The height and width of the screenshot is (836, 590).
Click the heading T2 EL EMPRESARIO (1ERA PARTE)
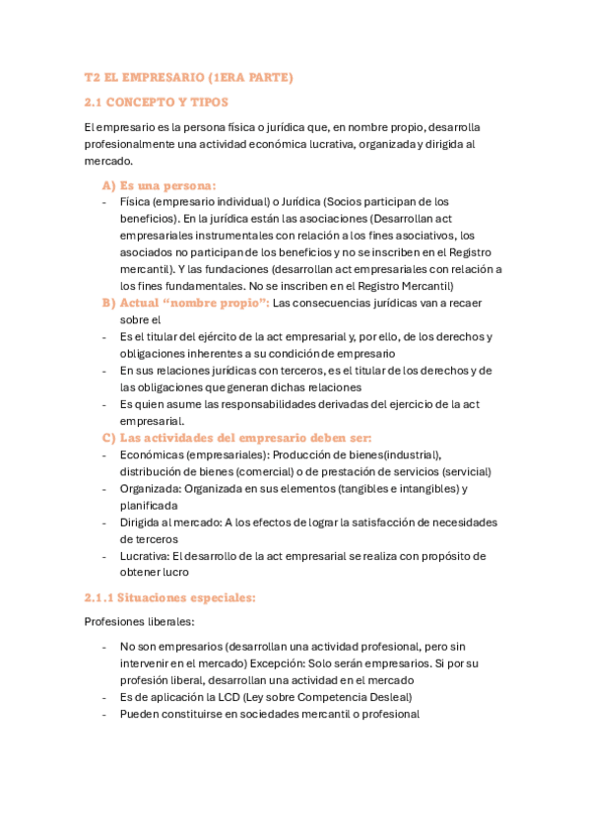188,77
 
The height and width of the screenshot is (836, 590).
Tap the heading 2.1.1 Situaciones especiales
170,597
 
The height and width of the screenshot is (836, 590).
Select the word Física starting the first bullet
136,201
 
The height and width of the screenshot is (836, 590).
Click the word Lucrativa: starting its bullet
147,555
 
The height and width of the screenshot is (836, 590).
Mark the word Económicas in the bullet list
150,453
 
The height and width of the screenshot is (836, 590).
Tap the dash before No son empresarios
104,647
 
